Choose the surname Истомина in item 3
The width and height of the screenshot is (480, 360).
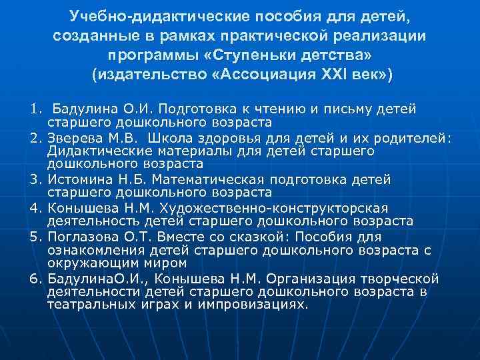coord(79,179)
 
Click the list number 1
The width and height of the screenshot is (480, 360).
coord(33,108)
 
